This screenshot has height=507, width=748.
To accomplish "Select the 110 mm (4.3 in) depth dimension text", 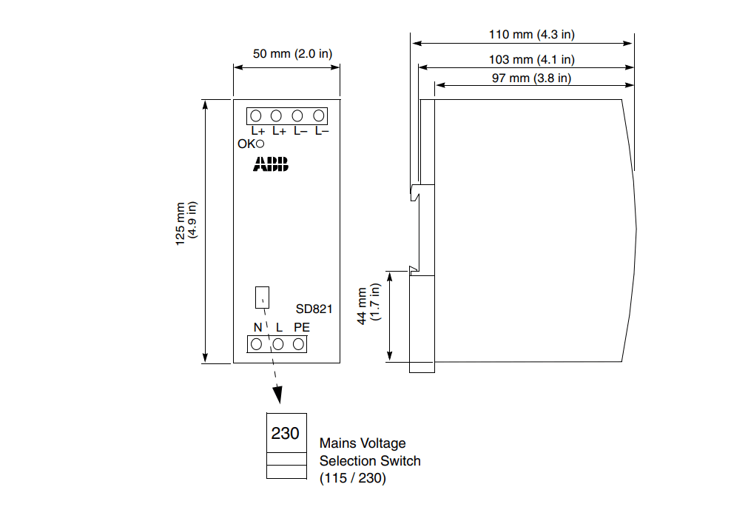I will click(x=531, y=34).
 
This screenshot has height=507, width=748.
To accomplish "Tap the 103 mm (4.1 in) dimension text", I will click(x=533, y=60).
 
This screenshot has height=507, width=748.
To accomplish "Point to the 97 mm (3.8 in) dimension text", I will click(x=531, y=78).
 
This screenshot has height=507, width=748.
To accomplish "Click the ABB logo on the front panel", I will click(x=272, y=164).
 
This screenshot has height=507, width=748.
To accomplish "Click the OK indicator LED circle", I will click(x=260, y=144).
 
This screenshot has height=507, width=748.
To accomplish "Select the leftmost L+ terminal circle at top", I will click(x=256, y=116).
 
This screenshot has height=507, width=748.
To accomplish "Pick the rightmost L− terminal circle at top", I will click(x=319, y=116).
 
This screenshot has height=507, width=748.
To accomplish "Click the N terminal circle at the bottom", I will click(x=257, y=344).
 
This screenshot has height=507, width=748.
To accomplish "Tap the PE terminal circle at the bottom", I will click(x=299, y=344).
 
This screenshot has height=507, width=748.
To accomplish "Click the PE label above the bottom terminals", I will click(x=301, y=327).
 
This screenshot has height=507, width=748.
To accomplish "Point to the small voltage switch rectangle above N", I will click(x=262, y=298).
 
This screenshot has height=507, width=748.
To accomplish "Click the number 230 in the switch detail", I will click(x=285, y=433).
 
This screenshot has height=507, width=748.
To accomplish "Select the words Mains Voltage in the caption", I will click(x=363, y=443).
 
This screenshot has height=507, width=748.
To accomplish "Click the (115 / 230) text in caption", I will click(x=352, y=478).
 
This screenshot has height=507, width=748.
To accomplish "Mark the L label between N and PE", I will click(x=279, y=327).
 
